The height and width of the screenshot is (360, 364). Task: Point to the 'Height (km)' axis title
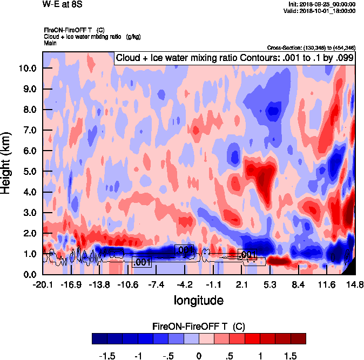[7, 162]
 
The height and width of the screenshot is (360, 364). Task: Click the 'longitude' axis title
[199, 299]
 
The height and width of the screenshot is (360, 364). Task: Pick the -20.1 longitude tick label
[43, 284]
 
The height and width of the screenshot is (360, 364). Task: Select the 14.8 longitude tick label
[354, 284]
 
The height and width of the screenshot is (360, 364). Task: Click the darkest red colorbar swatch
[298, 338]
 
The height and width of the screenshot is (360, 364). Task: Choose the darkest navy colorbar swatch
[99, 338]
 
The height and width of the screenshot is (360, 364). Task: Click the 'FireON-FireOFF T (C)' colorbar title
[199, 326]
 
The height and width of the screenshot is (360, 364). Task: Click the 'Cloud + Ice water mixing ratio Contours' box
[234, 58]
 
